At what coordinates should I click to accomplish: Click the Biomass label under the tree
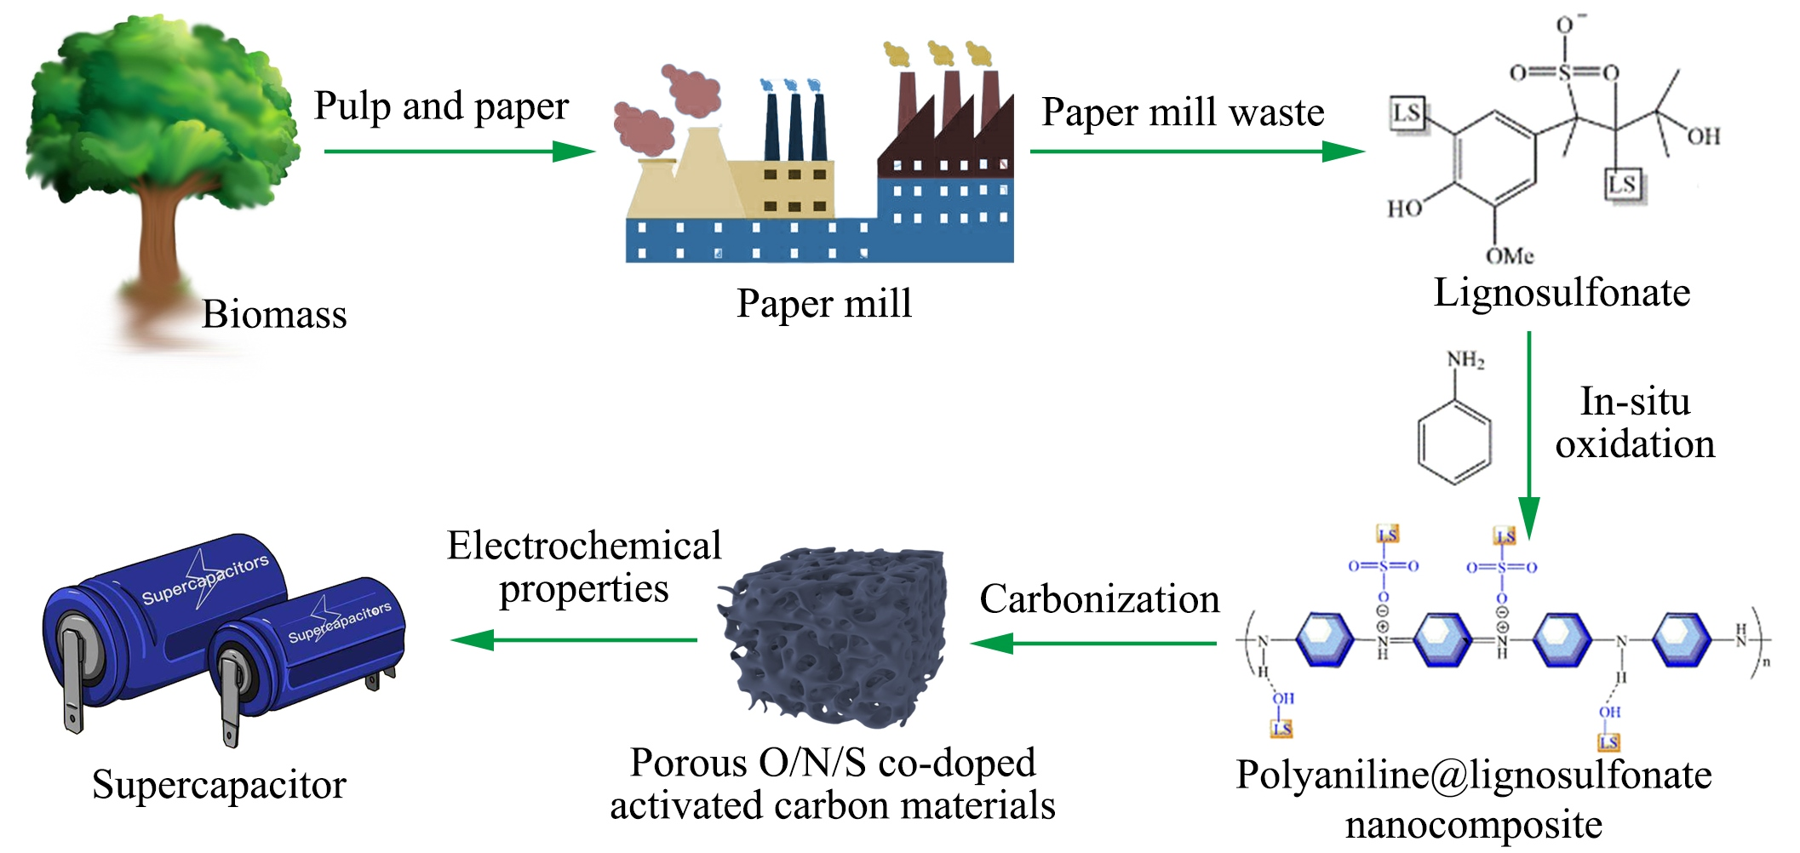pos(274,314)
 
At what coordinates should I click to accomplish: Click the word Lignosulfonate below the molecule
pos(1562,293)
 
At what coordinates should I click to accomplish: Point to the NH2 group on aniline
pos(1465,361)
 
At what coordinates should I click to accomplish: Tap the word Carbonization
pos(1099,599)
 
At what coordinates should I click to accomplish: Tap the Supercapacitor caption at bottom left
pos(219,785)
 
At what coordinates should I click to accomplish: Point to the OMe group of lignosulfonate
pos(1509,255)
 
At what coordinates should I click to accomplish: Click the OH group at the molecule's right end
pos(1704,136)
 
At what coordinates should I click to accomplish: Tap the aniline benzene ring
pos(1454,443)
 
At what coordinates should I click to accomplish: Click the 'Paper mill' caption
pos(823,304)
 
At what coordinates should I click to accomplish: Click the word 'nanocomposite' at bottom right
pos(1473,824)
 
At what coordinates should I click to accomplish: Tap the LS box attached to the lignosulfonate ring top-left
pos(1407,113)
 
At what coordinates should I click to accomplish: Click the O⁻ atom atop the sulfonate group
pos(1566,24)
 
